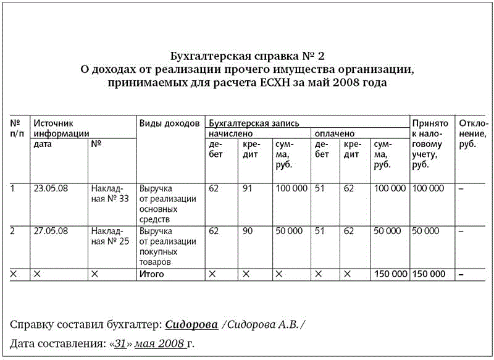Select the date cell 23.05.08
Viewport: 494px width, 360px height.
pyautogui.click(x=48, y=188)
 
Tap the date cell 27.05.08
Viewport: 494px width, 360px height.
pyautogui.click(x=48, y=231)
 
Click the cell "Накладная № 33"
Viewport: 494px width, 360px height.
pyautogui.click(x=109, y=193)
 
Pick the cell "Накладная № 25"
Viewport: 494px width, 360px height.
pyautogui.click(x=109, y=236)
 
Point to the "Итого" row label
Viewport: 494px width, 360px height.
pyautogui.click(x=152, y=274)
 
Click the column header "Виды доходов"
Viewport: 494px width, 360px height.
pyautogui.click(x=169, y=123)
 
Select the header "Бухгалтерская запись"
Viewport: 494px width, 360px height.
pyautogui.click(x=254, y=123)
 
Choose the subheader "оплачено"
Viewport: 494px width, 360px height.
pyautogui.click(x=335, y=133)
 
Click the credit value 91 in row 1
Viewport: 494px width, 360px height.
pyautogui.click(x=247, y=188)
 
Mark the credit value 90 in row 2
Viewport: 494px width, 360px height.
pyautogui.click(x=247, y=231)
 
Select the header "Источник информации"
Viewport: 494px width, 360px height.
pyautogui.click(x=61, y=128)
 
